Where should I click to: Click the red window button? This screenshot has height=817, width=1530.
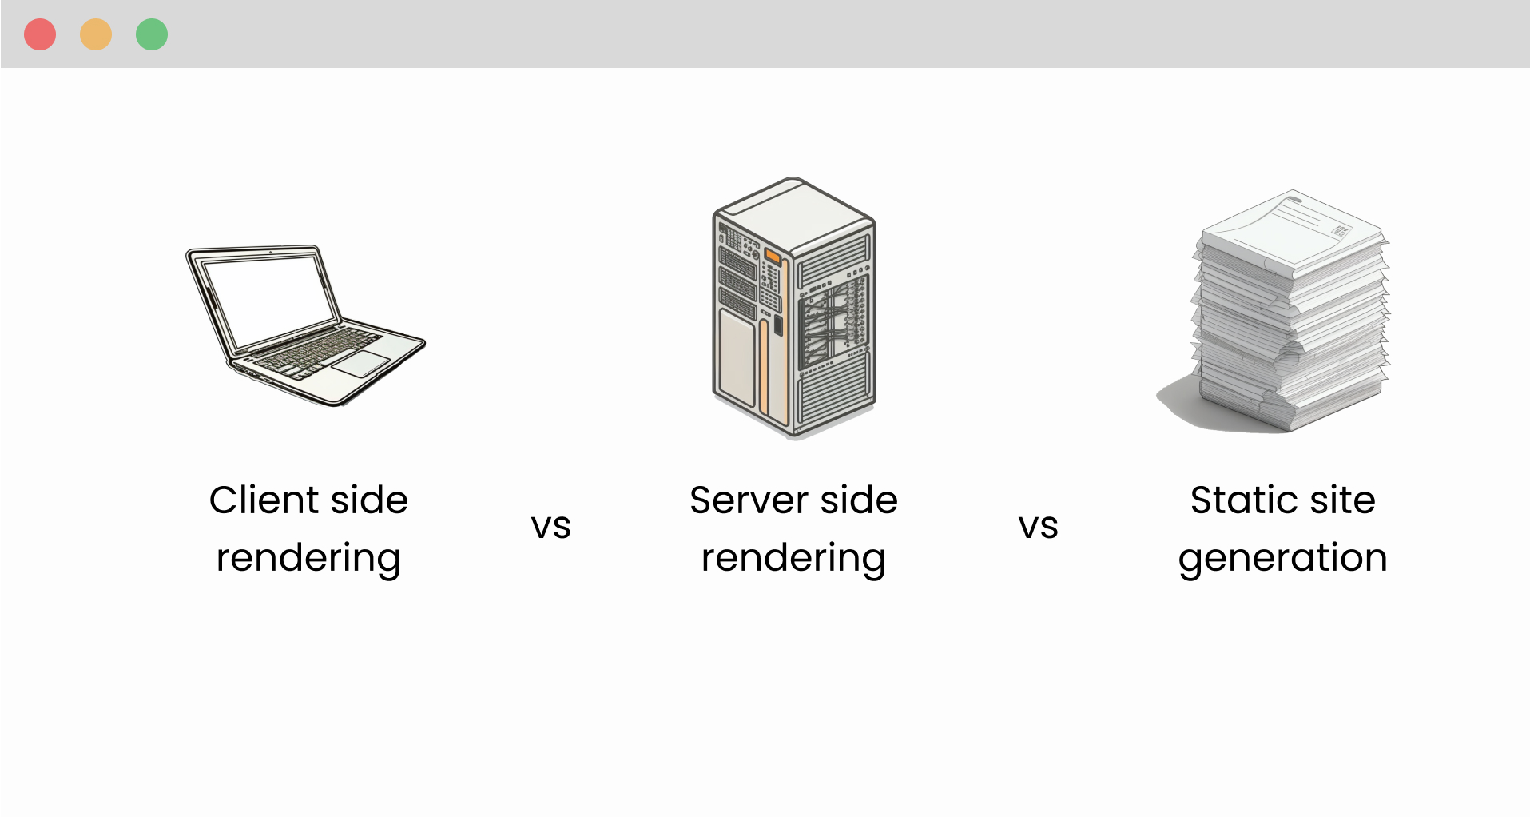coord(40,34)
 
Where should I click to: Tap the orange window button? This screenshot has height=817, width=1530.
coord(96,34)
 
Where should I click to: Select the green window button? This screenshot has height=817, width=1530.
coord(152,34)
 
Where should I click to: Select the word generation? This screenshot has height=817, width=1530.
coord(1282,558)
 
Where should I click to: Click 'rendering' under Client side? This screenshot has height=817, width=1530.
coord(308,558)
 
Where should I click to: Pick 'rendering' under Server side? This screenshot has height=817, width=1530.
coord(793,558)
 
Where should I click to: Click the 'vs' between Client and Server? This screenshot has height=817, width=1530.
coord(550,527)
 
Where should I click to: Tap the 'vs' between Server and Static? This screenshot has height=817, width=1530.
coord(1038,527)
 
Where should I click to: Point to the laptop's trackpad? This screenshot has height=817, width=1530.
coord(361,363)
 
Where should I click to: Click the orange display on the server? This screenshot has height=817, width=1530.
coord(773,256)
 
